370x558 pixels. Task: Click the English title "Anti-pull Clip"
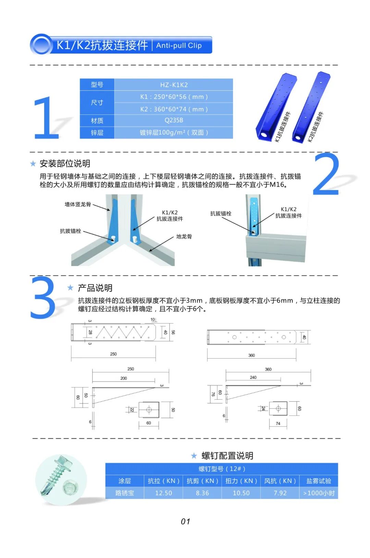point(179,45)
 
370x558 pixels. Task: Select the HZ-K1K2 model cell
point(174,85)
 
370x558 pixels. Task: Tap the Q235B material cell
point(174,120)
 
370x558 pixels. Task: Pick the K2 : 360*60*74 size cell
point(174,109)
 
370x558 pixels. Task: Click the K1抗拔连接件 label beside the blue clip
point(283,127)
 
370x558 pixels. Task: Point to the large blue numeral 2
point(326,174)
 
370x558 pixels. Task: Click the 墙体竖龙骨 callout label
point(78,204)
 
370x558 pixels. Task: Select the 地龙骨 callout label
point(184,237)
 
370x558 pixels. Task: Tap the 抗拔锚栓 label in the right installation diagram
point(221,214)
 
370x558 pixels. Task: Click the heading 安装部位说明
point(65,164)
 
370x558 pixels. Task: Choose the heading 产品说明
point(95,288)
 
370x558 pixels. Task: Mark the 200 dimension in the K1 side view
point(124,378)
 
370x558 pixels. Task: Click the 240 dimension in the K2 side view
point(253,377)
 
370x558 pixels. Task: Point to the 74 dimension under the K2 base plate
point(278,424)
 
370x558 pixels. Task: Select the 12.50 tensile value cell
point(163,493)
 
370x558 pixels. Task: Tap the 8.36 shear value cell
point(202,493)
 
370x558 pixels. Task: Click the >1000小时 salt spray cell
point(319,493)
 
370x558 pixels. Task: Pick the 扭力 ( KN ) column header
point(241,481)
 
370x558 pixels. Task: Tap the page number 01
point(185,521)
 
